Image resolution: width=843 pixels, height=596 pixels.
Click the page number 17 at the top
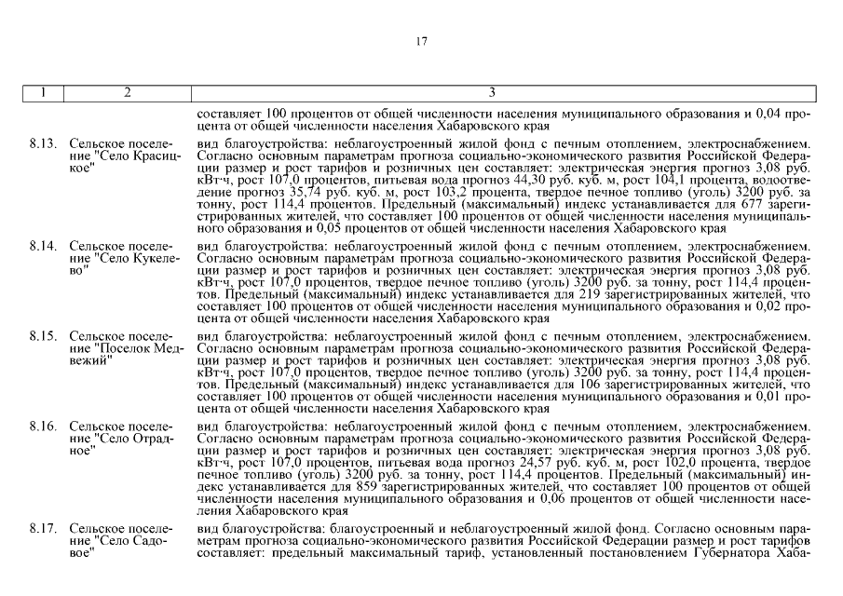[421, 40]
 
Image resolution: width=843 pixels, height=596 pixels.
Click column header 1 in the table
[43, 92]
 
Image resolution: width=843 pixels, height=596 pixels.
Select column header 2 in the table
[127, 92]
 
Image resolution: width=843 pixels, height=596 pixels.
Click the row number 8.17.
[43, 529]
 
